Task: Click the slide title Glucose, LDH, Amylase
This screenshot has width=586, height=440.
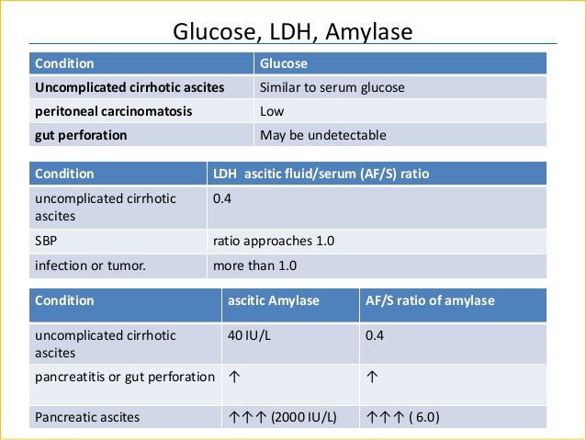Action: [x=293, y=33]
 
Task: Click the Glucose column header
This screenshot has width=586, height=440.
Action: [x=284, y=64]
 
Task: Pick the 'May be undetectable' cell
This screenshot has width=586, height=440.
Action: [x=322, y=135]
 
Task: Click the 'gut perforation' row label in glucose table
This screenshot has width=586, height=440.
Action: [x=81, y=135]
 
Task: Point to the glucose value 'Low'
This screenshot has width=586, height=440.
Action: [x=273, y=111]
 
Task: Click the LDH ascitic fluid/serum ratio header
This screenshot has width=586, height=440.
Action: [x=321, y=173]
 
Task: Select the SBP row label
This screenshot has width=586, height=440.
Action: [x=47, y=241]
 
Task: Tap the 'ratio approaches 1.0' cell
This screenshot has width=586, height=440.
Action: [x=274, y=241]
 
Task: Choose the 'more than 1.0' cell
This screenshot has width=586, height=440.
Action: [x=254, y=265]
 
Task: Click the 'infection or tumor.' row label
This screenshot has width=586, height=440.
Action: [x=90, y=265]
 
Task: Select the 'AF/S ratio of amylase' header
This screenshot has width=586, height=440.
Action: [x=430, y=300]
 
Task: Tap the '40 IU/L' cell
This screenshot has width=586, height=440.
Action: [x=250, y=334]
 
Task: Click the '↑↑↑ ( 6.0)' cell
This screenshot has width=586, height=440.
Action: [x=402, y=417]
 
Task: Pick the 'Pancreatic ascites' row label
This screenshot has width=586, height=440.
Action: [x=87, y=417]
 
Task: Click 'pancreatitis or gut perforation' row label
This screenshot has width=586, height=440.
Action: [x=124, y=377]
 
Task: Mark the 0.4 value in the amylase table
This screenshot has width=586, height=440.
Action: [x=375, y=334]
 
